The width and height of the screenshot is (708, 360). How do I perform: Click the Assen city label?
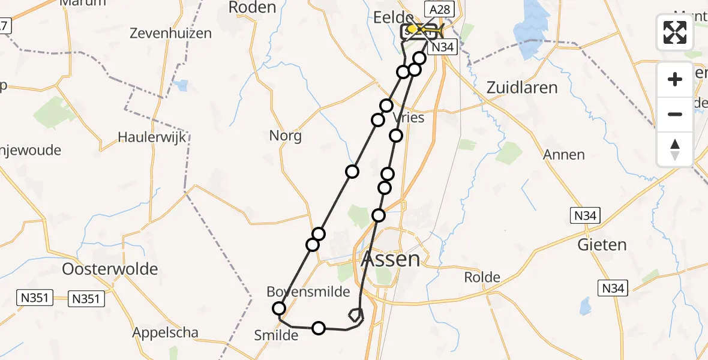(x=391, y=259)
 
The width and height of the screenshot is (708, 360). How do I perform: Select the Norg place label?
(x=286, y=136)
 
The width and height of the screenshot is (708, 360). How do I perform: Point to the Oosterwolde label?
(x=110, y=268)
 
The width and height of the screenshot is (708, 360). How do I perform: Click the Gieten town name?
(x=602, y=245)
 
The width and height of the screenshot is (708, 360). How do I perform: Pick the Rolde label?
(x=482, y=277)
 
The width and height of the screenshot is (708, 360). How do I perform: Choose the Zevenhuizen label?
(x=171, y=34)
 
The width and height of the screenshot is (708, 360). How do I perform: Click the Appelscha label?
(x=166, y=333)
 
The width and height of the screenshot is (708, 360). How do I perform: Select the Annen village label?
(x=564, y=155)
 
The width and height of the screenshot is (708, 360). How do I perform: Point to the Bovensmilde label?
(x=308, y=292)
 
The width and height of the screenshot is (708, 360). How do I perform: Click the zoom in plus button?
(x=675, y=79)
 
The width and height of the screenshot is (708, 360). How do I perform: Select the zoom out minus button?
(x=675, y=114)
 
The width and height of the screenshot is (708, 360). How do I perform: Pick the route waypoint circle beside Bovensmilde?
(x=279, y=308)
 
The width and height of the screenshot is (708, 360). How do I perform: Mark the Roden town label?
(x=252, y=8)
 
